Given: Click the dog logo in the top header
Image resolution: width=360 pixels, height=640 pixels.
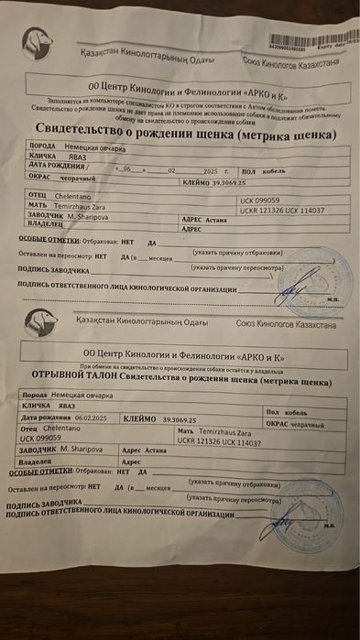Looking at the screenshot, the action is tap(36, 41).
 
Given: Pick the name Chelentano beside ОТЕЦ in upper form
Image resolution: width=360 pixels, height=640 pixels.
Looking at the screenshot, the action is tap(78, 195).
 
